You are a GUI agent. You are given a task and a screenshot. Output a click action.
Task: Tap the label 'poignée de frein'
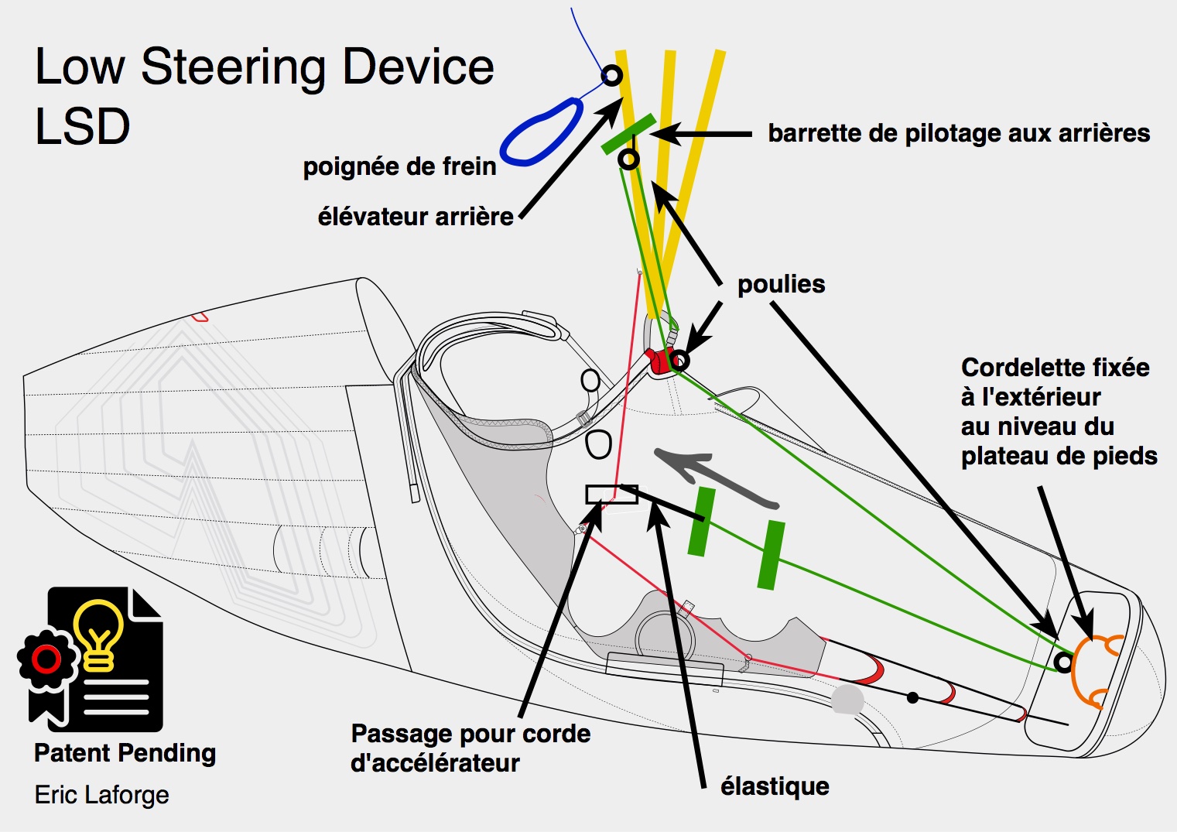coord(399,166)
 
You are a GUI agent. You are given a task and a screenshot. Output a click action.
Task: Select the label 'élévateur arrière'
coord(416,217)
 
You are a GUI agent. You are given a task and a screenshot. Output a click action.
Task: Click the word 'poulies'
coord(781,284)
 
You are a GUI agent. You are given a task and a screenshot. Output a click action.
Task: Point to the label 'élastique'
coord(775,786)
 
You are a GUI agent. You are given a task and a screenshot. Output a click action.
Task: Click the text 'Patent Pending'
coord(125,753)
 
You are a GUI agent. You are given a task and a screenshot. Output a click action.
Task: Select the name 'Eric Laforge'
coord(101,795)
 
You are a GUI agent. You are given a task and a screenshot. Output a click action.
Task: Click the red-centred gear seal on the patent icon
coord(46,659)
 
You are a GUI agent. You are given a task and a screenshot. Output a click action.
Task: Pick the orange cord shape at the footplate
coord(1093,671)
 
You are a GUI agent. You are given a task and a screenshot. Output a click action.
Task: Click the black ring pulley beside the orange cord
coord(1064,663)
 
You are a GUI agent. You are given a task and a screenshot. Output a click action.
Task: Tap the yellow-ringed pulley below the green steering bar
coord(629,160)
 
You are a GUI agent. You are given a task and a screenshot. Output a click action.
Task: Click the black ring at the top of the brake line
coord(611,75)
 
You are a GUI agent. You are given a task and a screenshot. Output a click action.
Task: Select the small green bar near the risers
coord(628,134)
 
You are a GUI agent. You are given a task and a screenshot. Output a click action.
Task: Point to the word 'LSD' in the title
coord(83,126)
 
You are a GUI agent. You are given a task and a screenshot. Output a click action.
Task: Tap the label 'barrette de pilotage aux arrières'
coord(958,133)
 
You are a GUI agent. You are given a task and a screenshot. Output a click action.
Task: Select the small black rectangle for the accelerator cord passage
coord(604,494)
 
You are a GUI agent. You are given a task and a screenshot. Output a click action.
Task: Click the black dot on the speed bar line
coord(912,698)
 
